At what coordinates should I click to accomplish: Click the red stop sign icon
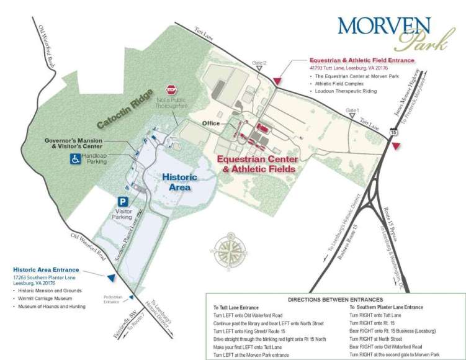click(x=171, y=91)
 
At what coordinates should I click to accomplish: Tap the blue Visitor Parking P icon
click(x=123, y=202)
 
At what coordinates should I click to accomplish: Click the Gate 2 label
click(x=259, y=63)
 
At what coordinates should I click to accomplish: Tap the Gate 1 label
click(x=352, y=110)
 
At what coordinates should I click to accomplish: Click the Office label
click(x=212, y=124)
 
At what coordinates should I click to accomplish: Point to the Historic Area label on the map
click(x=179, y=182)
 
